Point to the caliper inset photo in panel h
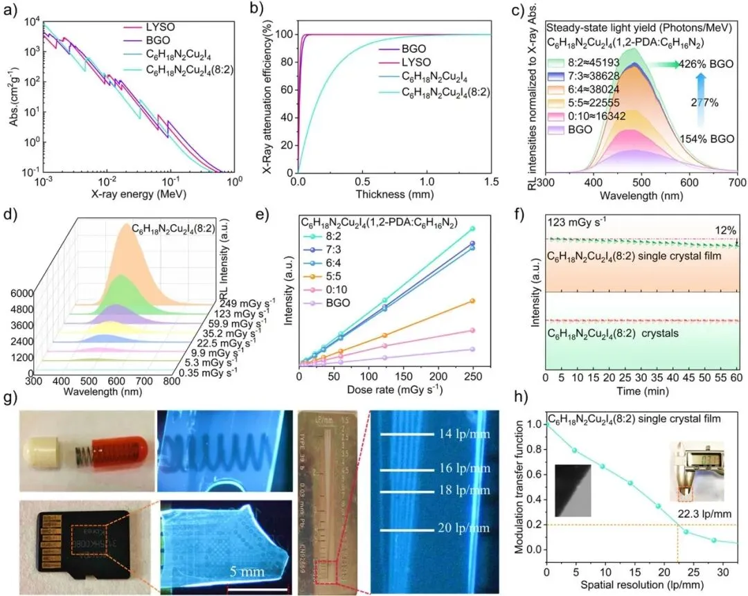click(700, 467)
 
